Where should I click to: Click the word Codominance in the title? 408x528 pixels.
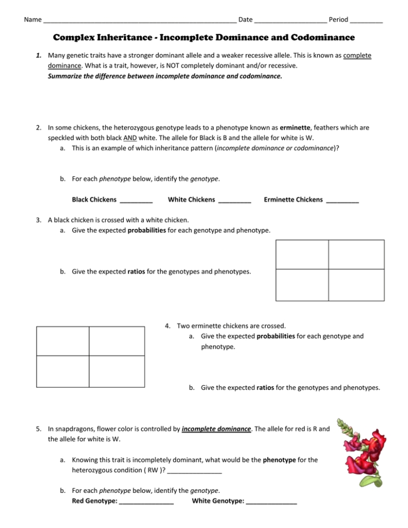318,38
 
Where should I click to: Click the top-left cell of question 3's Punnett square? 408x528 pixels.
302,254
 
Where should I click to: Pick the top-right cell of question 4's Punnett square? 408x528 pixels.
116,341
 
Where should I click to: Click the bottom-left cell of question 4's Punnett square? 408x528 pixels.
63,371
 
